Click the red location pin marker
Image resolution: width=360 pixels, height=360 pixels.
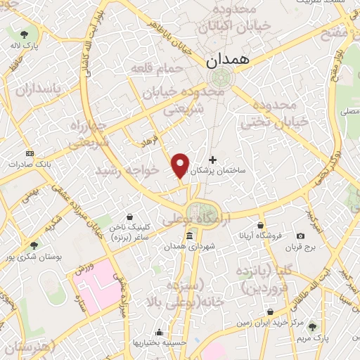(181, 165)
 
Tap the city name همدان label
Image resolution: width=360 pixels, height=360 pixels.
(228, 61)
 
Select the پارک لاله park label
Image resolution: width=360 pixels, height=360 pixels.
(25, 44)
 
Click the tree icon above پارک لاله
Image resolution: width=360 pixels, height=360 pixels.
(25, 33)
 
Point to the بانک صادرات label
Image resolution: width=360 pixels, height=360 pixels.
(30, 163)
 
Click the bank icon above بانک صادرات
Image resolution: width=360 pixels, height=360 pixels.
(30, 153)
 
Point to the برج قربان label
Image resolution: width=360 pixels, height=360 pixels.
(301, 247)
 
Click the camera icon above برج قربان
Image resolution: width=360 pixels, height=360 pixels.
(301, 236)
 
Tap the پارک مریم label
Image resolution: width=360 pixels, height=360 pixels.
(312, 338)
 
